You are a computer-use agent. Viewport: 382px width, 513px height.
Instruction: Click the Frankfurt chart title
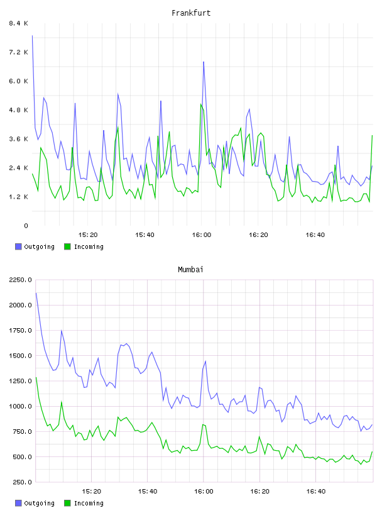tap(191, 13)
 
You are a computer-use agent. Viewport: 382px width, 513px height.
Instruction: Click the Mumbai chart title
tap(190, 270)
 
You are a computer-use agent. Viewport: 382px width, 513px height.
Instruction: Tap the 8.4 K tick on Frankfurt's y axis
tap(18, 23)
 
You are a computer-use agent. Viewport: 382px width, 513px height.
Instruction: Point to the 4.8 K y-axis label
tap(18, 110)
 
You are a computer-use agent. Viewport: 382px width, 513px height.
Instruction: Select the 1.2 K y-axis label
tap(18, 197)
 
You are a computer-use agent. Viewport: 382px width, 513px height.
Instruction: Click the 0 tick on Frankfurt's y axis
tap(26, 226)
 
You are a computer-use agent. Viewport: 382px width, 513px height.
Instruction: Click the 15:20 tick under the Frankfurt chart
tap(88, 234)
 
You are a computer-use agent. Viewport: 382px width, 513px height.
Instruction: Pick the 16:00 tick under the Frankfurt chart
tap(202, 234)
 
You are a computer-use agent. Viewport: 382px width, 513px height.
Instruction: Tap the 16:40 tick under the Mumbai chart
tap(316, 491)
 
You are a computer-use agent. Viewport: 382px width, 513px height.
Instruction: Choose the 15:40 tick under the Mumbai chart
tap(148, 491)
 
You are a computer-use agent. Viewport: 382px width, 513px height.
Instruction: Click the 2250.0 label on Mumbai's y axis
tap(20, 280)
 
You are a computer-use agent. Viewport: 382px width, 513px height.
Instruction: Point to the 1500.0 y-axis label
tap(20, 356)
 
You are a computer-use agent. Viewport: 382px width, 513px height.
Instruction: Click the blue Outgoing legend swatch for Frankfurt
tap(18, 246)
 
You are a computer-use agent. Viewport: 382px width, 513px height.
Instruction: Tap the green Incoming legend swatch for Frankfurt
tap(67, 246)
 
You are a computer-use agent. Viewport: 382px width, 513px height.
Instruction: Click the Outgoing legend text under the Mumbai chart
tap(39, 503)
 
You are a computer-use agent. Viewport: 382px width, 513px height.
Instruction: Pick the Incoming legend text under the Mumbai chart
tap(89, 503)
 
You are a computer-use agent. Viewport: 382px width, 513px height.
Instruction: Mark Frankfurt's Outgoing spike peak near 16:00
tap(204, 62)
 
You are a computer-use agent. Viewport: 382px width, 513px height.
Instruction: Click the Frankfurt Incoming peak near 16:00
tap(201, 104)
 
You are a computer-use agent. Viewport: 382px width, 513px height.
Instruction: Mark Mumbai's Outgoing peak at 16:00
tap(205, 361)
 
